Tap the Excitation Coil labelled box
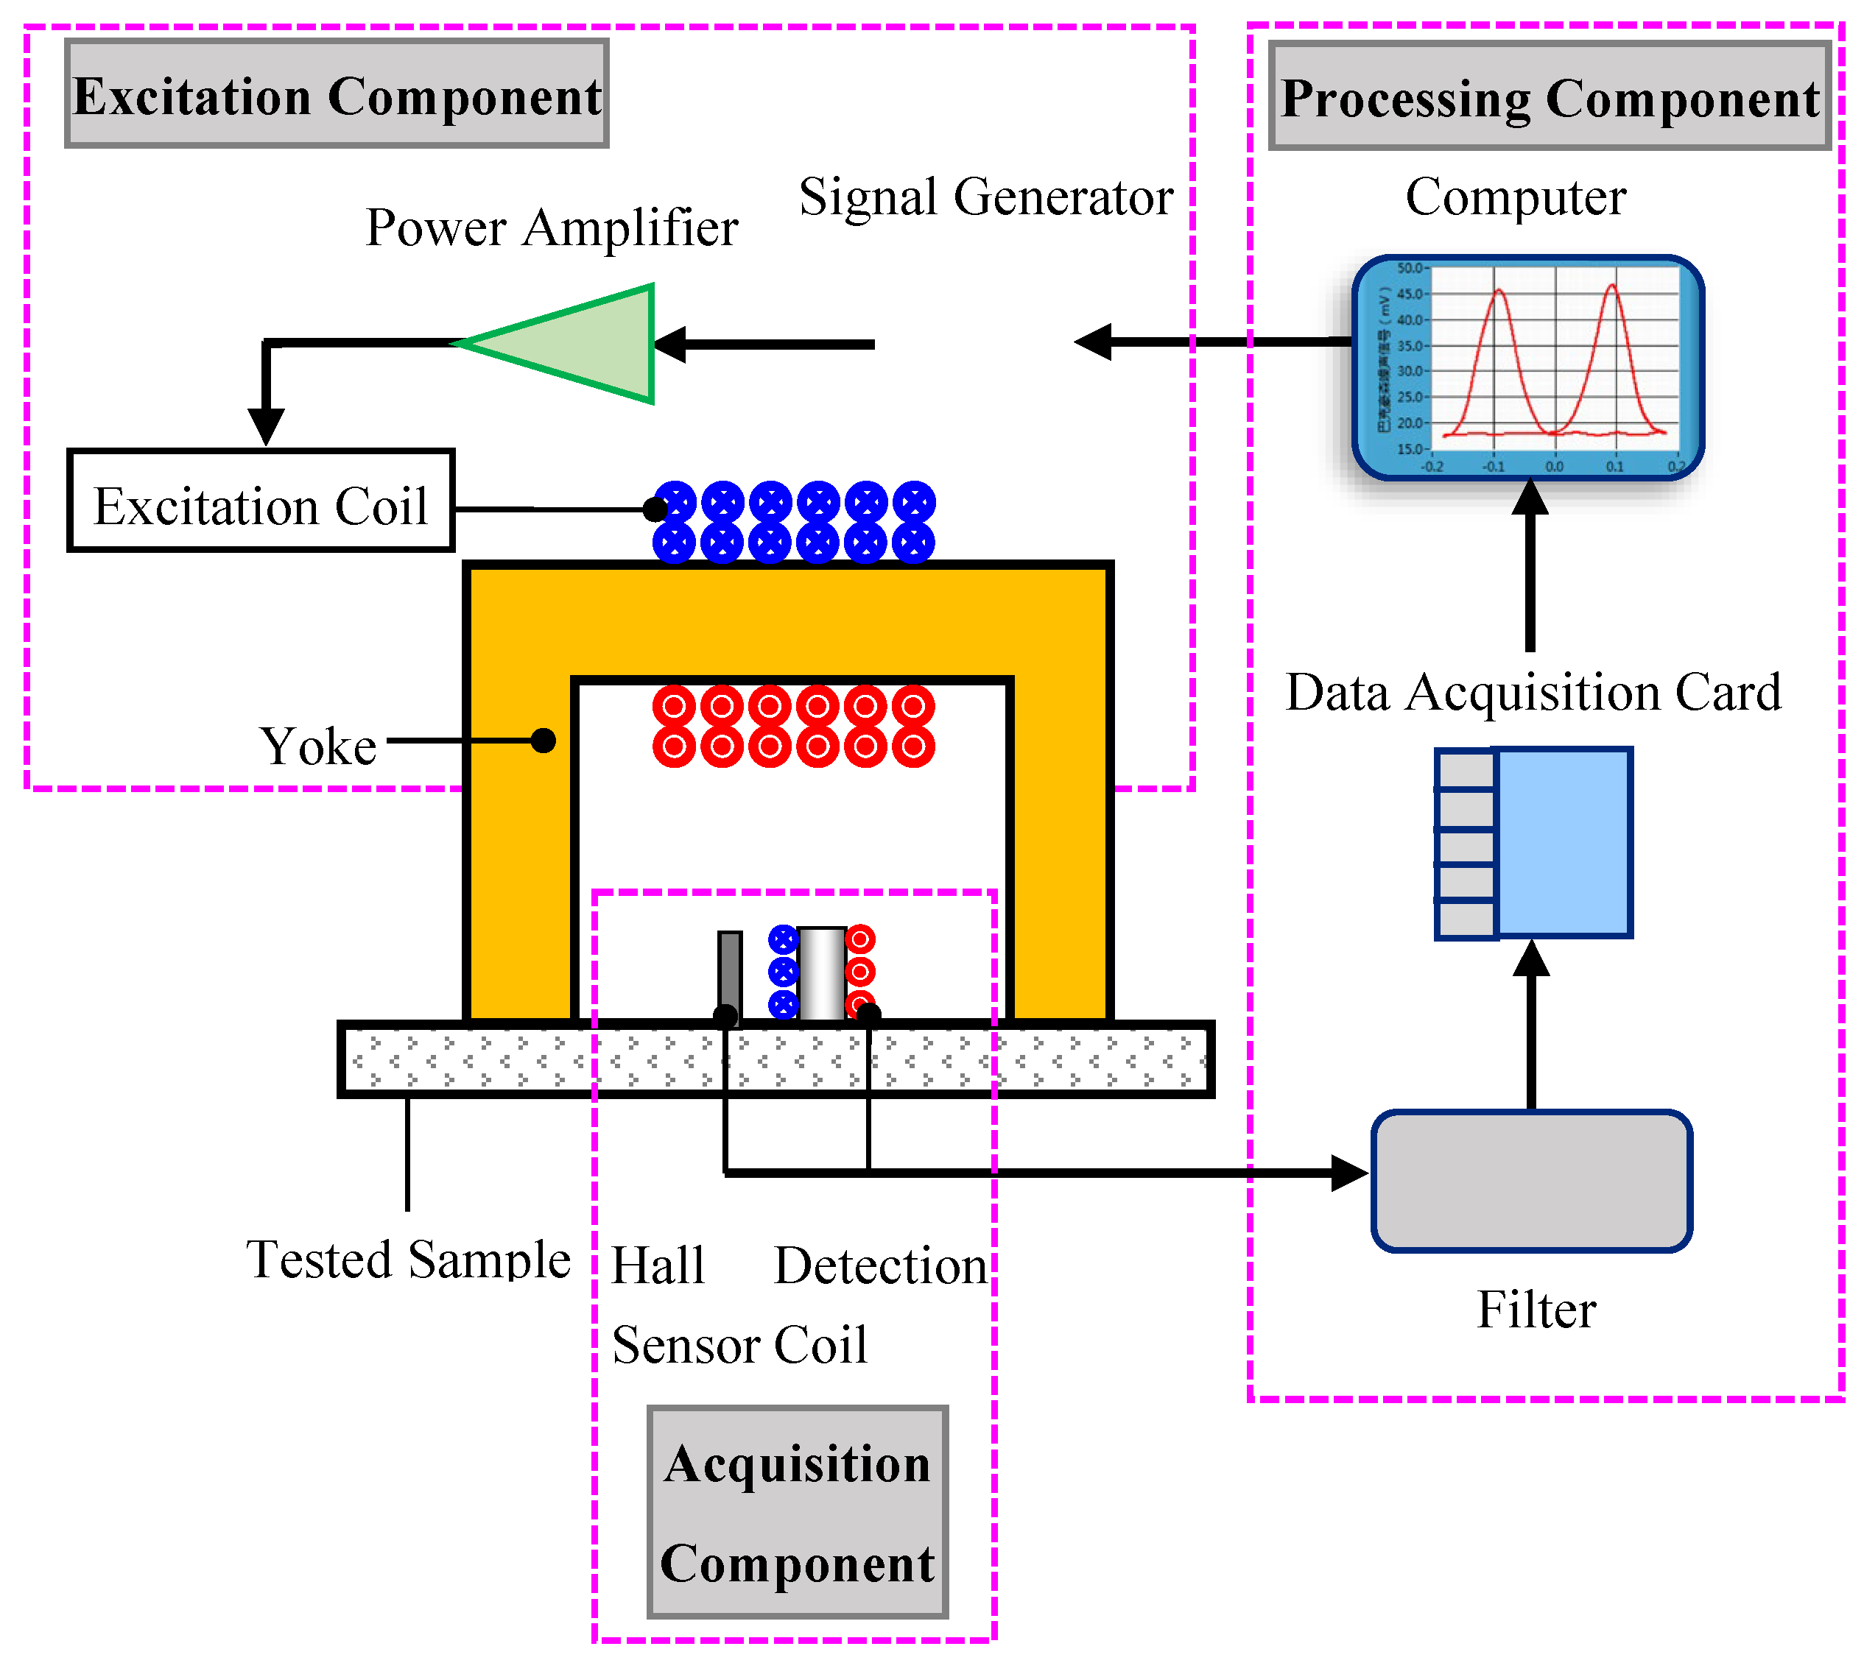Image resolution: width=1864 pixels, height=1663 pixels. [x=261, y=501]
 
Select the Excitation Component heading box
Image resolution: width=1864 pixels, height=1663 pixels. [x=337, y=94]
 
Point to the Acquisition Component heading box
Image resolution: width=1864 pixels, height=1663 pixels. [x=797, y=1514]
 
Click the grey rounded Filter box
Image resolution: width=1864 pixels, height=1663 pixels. [x=1531, y=1181]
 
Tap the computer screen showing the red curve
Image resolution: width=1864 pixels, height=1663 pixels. [x=1528, y=367]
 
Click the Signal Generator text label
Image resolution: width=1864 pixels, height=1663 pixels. [x=985, y=197]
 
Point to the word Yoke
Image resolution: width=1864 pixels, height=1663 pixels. [x=318, y=746]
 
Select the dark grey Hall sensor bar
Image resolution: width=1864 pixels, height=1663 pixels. [x=730, y=972]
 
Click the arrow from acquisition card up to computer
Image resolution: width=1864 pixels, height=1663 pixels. [x=1530, y=567]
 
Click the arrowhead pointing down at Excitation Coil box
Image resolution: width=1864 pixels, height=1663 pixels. [x=266, y=425]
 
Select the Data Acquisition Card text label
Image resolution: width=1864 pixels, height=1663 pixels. [x=1533, y=692]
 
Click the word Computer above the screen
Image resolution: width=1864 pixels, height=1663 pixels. [x=1516, y=197]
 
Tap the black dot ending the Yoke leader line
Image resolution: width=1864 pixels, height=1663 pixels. [x=543, y=740]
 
